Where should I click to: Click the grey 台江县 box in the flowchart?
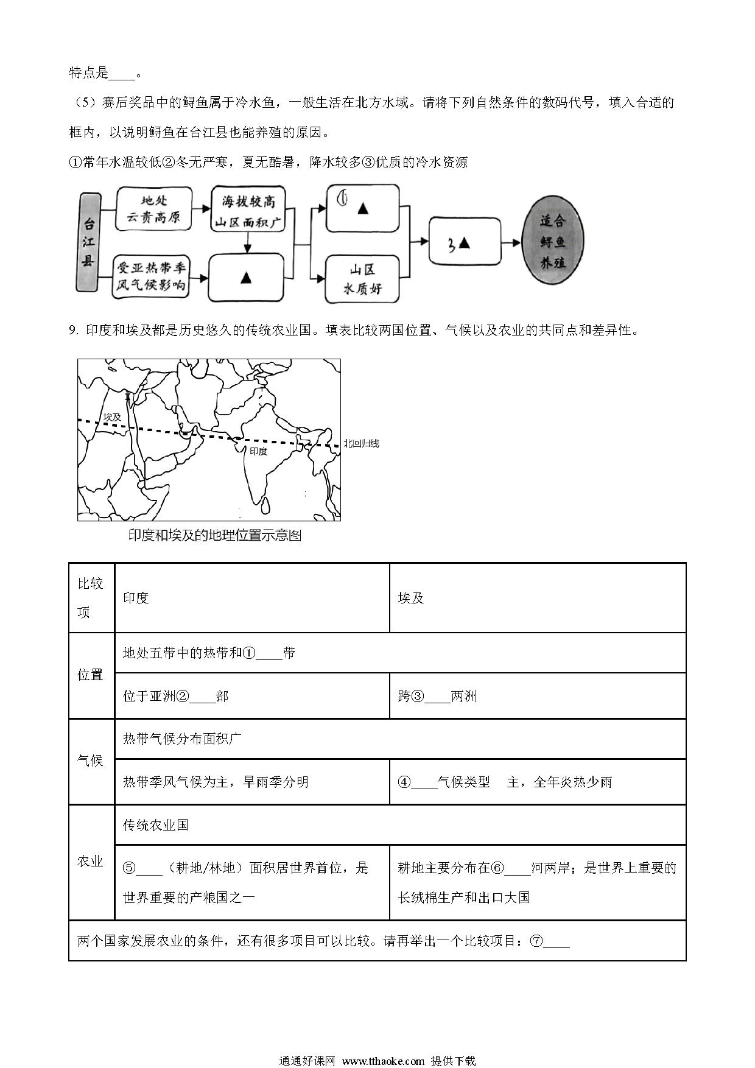[89, 242]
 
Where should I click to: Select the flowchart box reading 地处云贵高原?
[153, 209]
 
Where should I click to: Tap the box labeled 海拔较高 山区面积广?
[248, 209]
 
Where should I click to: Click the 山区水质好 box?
[362, 279]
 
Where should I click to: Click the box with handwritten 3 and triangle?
[464, 243]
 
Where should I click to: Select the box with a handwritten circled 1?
[362, 208]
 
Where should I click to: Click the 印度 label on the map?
[258, 451]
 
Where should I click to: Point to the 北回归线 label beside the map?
[361, 443]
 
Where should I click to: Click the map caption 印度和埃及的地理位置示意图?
[215, 536]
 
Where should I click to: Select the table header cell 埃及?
[411, 598]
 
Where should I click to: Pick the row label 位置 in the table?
[91, 675]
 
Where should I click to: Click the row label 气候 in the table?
[91, 761]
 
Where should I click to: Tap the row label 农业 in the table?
[91, 861]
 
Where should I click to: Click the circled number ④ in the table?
[404, 782]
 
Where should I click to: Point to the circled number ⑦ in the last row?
[536, 941]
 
